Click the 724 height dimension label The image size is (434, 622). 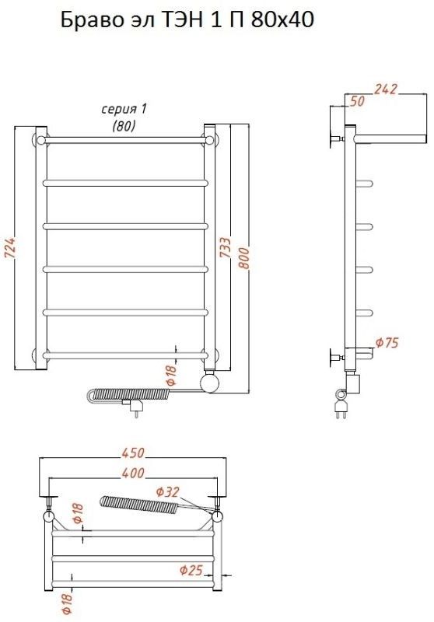pos(10,248)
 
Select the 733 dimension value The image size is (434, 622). pos(225,247)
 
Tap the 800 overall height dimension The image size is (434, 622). pos(244,258)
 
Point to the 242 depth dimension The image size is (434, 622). pos(385,89)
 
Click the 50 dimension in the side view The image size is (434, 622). pos(357,101)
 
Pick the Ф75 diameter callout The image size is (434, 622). pos(387,342)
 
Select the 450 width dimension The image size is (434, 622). pos(132,453)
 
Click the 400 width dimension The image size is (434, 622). pos(132,473)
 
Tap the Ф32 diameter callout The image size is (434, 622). pos(167,492)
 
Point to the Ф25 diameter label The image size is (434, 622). pos(191,571)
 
